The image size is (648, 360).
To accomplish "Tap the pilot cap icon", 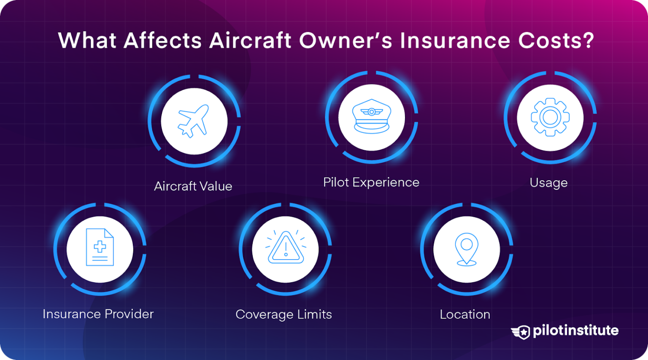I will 371,117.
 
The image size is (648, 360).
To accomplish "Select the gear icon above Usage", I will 550,117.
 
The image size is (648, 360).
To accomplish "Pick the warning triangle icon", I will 286,248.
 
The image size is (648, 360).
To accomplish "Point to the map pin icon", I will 466,249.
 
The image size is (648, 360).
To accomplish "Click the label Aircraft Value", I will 193,186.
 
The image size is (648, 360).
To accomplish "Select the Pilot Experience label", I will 371,182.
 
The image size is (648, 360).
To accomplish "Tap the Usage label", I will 548,183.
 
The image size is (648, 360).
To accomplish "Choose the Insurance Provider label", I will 98,314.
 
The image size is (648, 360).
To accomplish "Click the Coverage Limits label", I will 283,314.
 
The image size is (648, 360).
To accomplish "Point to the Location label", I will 465,314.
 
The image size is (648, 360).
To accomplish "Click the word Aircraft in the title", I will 250,41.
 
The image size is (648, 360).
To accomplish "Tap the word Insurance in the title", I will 455,41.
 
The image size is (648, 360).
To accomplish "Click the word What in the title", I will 87,41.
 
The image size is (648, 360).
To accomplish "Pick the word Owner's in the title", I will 346,41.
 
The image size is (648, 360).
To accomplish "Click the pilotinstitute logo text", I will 575,330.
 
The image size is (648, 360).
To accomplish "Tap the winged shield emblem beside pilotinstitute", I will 521,332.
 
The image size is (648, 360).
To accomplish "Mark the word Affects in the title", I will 163,41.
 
